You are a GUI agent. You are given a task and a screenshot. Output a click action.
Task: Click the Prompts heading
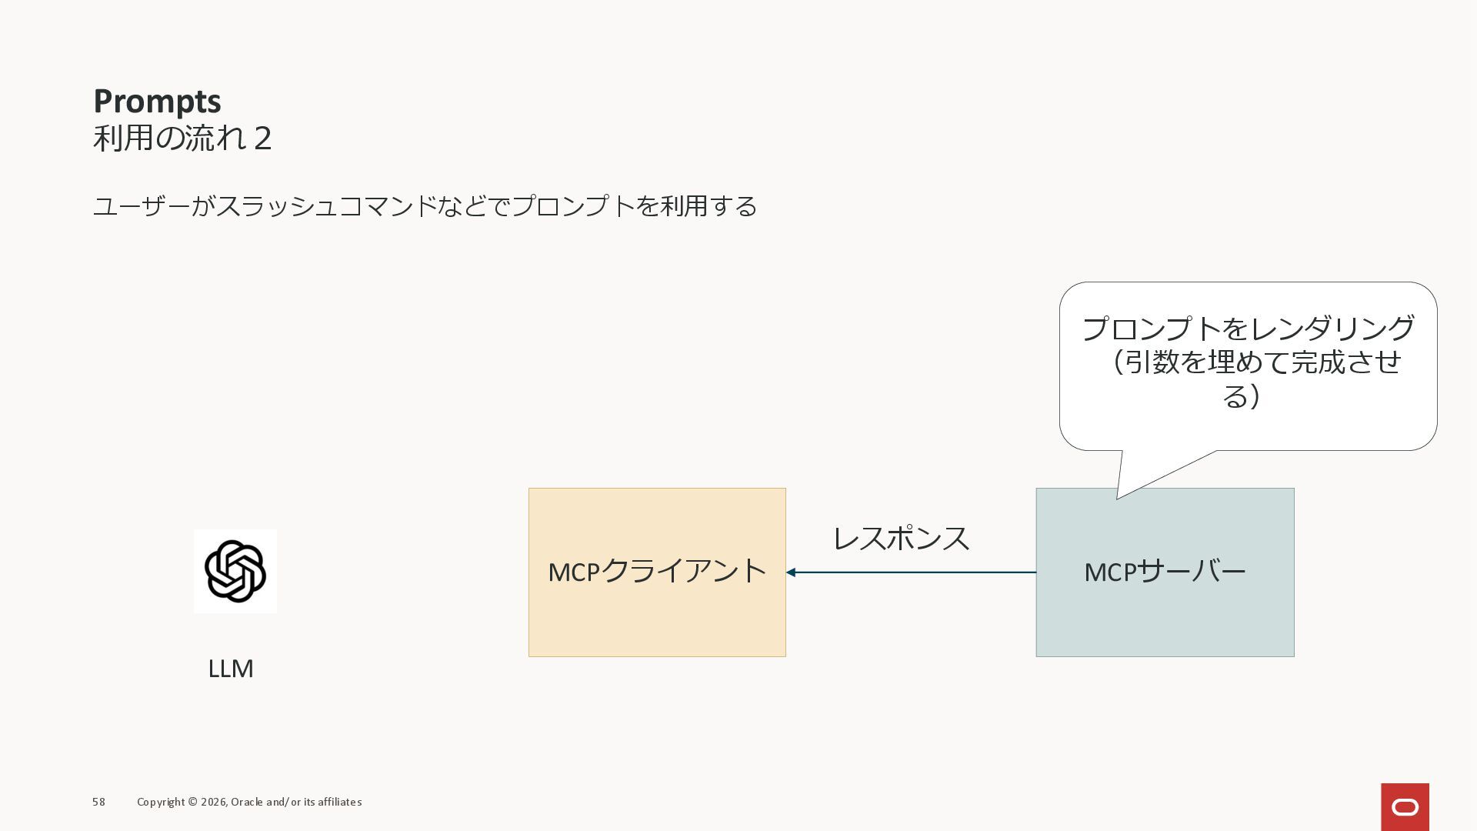157,102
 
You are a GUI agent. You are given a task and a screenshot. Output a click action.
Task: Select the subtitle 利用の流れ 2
182,138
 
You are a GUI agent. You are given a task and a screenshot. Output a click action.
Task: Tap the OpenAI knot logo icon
235,571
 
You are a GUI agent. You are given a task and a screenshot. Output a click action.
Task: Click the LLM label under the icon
231,669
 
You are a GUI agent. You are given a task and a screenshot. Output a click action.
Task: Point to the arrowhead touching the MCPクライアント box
791,572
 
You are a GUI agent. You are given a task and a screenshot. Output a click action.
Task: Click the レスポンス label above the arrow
901,538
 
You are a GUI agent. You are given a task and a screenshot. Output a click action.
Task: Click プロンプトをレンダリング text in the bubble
1248,329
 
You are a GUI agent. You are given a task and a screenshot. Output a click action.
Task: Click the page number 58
98,802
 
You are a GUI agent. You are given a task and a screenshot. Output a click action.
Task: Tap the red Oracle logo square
1405,807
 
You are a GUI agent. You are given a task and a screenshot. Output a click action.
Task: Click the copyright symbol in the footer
192,802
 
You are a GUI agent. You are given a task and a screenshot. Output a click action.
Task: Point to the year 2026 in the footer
213,802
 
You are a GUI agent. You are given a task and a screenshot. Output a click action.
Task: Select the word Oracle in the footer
246,802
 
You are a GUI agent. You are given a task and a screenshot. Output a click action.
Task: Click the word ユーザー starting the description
141,206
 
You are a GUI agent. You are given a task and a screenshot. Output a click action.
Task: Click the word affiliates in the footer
338,802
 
